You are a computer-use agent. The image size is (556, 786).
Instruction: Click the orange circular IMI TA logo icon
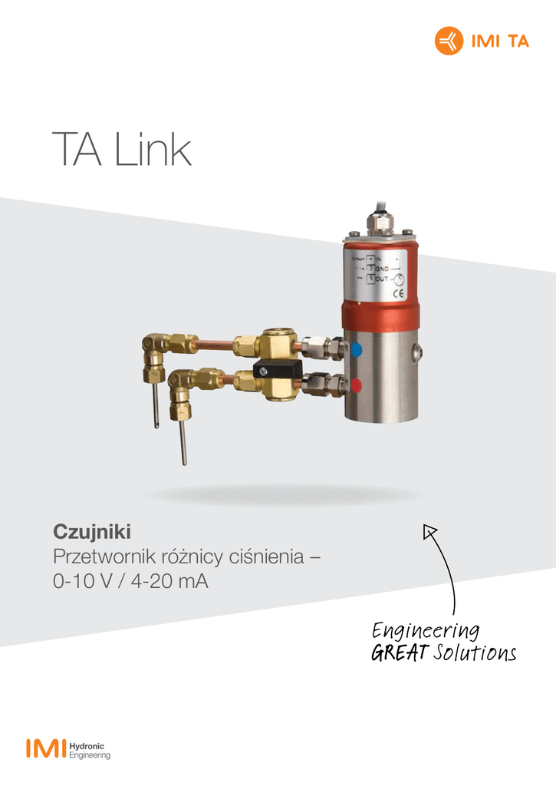pos(449,41)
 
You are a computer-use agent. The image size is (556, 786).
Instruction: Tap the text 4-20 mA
pos(169,582)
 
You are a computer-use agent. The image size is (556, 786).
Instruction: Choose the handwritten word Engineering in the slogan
pos(426,631)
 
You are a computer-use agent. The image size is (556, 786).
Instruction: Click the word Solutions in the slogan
pos(474,653)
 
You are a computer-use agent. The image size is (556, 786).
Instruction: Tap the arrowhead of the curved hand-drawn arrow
pos(429,529)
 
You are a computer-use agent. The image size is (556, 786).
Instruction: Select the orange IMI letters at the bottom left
pos(45,749)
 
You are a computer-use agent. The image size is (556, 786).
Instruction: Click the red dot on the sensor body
pos(357,384)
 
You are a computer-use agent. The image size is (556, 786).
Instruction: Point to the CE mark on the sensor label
pos(399,292)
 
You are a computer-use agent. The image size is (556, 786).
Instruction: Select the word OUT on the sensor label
pos(381,278)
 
